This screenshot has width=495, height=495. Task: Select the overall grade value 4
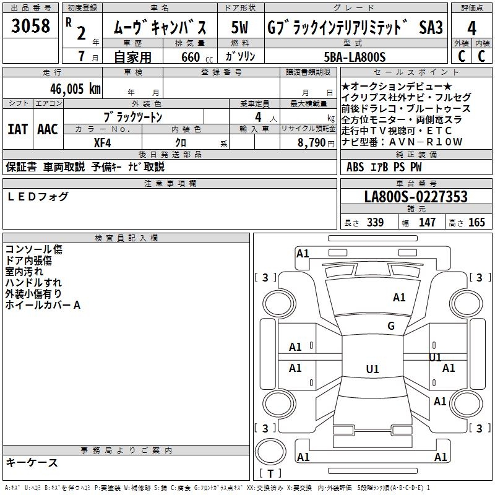[472, 28]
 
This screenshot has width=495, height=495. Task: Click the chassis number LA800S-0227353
[416, 197]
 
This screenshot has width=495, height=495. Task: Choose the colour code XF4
[103, 142]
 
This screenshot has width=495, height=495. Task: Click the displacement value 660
[191, 57]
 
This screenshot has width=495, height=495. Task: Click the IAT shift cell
[18, 129]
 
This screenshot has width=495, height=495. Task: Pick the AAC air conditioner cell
[48, 129]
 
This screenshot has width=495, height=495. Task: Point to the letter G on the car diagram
[391, 326]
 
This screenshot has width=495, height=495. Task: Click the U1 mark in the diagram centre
[372, 369]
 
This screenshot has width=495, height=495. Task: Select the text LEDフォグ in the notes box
[38, 197]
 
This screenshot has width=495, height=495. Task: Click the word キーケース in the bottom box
[32, 462]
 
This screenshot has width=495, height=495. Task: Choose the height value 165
[476, 223]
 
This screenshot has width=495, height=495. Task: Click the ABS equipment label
[355, 166]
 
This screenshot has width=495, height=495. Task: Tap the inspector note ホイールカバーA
[43, 305]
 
